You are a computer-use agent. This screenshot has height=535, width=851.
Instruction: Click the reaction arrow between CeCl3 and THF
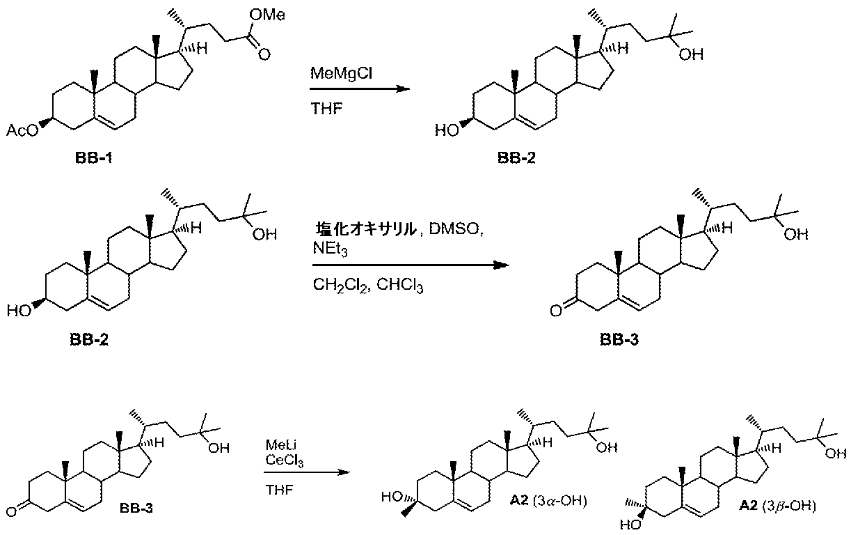pos(303,474)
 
